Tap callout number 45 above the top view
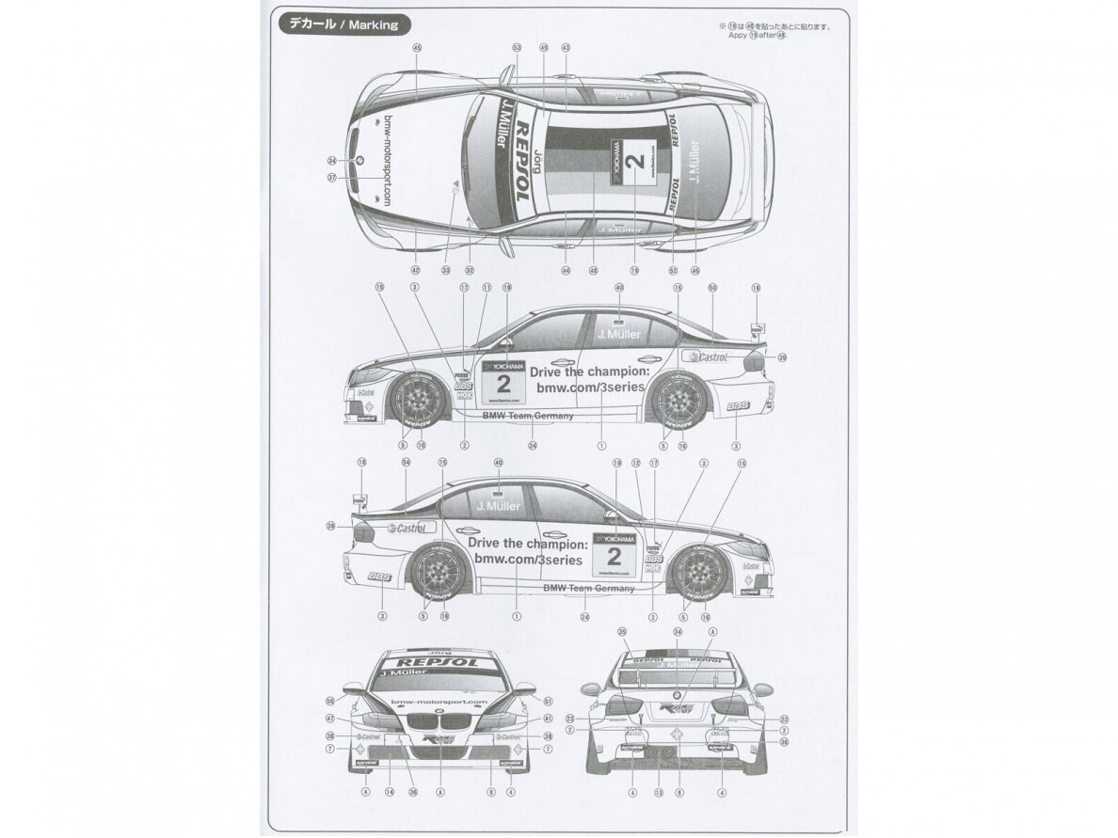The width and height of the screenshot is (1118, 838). click(x=417, y=46)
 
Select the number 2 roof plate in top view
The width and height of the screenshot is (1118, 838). click(x=634, y=161)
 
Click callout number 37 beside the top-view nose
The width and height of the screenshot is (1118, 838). click(x=331, y=177)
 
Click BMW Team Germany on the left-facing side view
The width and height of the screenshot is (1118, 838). click(x=520, y=414)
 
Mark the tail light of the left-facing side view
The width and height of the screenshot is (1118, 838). click(x=758, y=359)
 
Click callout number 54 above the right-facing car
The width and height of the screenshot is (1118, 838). click(x=406, y=463)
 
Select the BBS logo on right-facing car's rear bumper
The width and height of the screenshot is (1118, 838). click(x=378, y=577)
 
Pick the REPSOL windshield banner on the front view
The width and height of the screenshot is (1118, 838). click(x=439, y=661)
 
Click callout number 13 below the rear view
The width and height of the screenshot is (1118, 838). click(x=659, y=792)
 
